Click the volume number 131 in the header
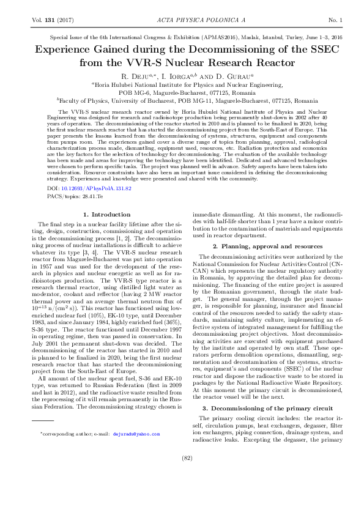click(x=51, y=21)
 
